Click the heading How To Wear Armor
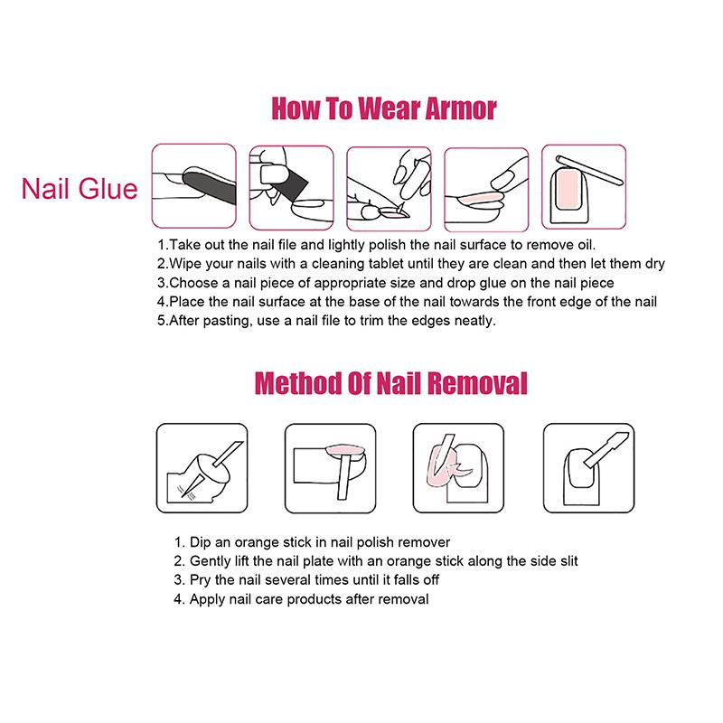click(384, 109)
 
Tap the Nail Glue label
click(80, 189)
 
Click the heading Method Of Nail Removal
click(391, 382)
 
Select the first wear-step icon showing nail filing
click(192, 186)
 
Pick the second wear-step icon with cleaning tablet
click(289, 186)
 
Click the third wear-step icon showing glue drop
click(388, 186)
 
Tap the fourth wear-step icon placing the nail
click(485, 186)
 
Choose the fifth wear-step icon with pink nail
click(583, 186)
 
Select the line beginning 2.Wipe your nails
click(411, 264)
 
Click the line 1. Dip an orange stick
click(311, 542)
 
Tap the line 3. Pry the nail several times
click(306, 580)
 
